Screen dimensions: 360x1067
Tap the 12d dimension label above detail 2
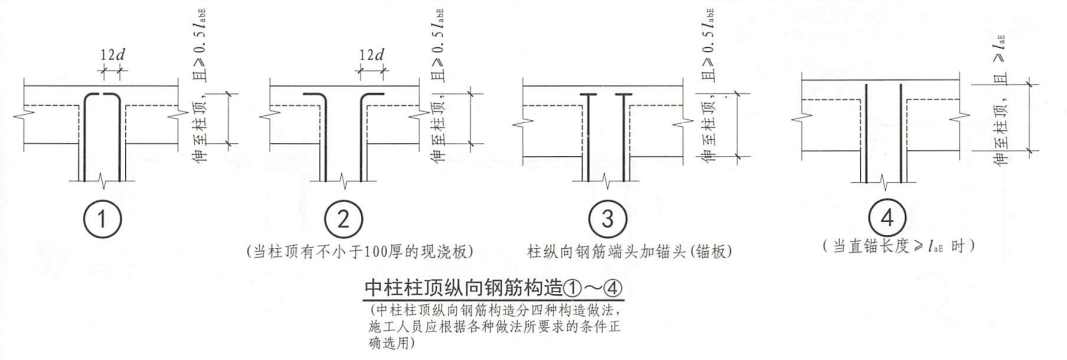[373, 54]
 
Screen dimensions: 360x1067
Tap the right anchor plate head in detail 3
[627, 96]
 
